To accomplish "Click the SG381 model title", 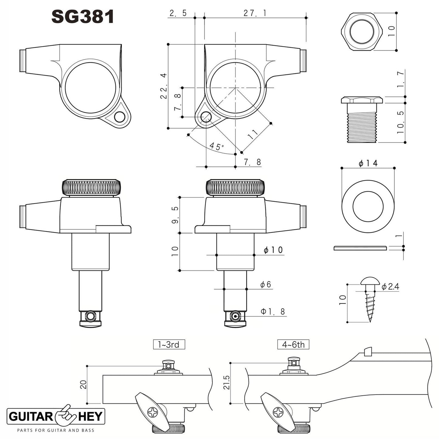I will tap(83, 17).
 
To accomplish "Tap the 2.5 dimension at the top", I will tap(178, 13).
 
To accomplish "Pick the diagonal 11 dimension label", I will tap(252, 134).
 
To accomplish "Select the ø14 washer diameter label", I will tap(368, 163).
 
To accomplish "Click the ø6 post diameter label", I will tap(265, 285).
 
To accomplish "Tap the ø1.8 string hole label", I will tap(273, 311).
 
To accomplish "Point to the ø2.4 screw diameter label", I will tap(390, 286).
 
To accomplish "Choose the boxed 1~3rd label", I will tap(169, 345).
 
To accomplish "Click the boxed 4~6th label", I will tap(293, 345).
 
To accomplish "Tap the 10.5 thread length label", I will tap(401, 122).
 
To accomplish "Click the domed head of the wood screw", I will tap(369, 281).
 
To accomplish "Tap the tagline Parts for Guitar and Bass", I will tap(55, 430).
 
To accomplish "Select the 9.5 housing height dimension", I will tap(175, 215).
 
